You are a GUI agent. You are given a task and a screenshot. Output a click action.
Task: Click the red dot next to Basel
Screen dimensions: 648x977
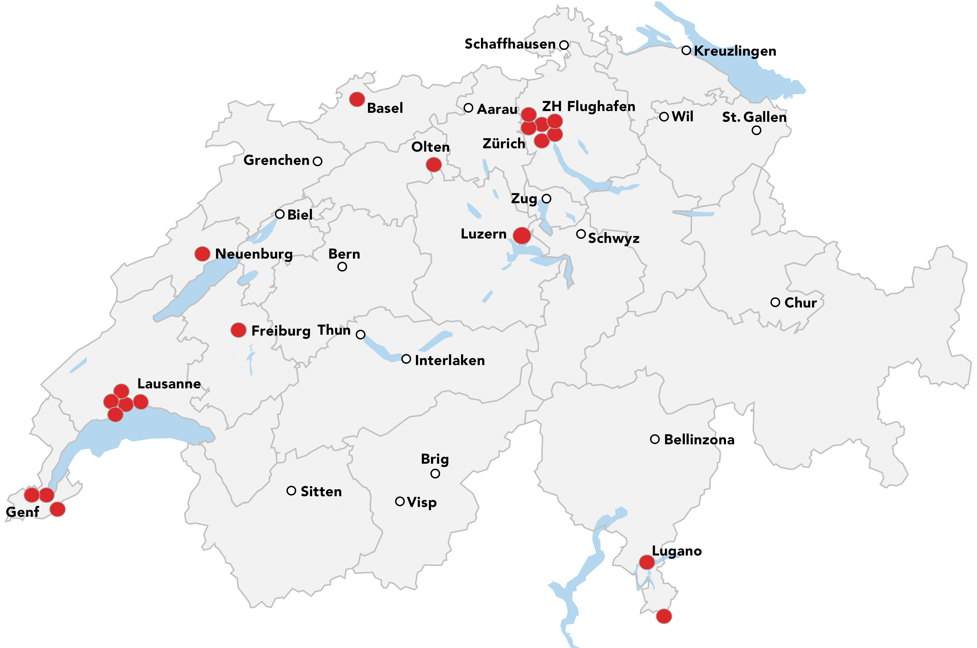pos(357,99)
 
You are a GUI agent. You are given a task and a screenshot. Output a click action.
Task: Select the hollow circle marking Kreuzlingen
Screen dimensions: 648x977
pos(686,50)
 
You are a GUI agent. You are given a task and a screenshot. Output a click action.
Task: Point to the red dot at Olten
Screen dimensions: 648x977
pos(433,165)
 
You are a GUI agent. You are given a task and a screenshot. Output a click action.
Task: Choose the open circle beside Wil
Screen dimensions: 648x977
pos(664,117)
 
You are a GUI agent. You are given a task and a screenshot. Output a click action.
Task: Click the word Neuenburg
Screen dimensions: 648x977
pos(254,254)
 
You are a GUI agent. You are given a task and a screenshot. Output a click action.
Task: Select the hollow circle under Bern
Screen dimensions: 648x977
pos(342,267)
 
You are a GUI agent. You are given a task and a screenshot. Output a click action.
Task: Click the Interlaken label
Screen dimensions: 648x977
pos(450,360)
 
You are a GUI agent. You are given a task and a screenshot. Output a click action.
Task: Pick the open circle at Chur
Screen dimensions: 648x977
pos(775,302)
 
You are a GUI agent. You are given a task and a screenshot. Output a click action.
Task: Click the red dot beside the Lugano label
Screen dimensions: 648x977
pos(647,562)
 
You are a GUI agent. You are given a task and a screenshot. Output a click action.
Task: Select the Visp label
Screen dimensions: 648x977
pos(422,503)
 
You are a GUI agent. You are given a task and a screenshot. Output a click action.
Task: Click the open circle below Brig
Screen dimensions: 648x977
pos(435,474)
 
